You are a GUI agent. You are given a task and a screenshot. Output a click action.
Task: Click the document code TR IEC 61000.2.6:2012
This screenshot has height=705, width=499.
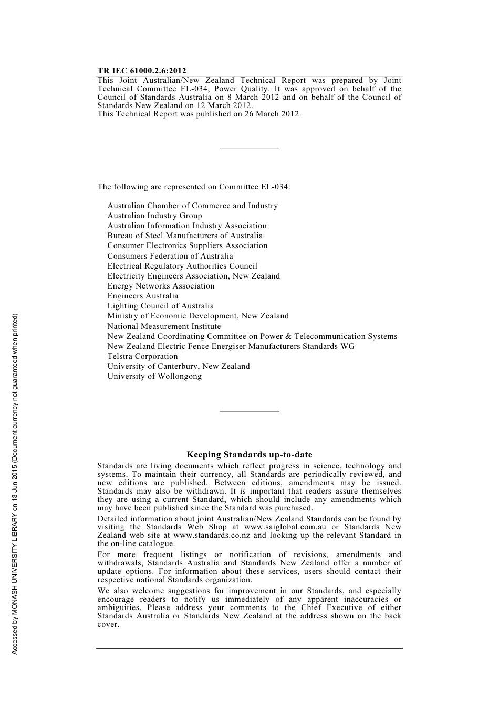[141, 71]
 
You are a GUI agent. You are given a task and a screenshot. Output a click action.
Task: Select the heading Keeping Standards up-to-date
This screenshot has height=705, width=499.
[249, 455]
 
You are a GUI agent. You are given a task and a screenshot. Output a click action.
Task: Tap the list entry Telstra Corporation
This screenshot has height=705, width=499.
[142, 356]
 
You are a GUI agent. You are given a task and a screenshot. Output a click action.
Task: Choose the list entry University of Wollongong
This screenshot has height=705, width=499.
[154, 376]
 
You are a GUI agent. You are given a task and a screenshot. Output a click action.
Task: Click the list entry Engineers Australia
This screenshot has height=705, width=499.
[142, 296]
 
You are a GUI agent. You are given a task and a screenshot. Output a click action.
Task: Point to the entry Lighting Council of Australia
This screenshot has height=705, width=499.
[160, 306]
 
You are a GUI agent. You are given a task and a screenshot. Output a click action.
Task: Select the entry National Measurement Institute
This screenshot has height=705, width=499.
[164, 326]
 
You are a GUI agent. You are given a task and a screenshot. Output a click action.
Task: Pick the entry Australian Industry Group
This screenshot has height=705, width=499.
[154, 216]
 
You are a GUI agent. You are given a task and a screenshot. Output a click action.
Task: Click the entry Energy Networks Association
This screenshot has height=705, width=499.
[161, 286]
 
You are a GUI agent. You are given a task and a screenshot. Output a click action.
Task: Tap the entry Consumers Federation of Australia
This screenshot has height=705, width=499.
[170, 256]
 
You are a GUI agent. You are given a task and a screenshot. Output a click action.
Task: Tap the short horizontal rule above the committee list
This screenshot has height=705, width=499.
[249, 148]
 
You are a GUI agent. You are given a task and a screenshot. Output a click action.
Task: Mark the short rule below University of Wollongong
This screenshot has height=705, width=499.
[249, 411]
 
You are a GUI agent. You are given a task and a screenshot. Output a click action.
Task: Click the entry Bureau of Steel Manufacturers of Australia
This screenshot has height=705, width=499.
[185, 236]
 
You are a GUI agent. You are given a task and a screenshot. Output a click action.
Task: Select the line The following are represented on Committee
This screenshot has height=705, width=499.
[193, 187]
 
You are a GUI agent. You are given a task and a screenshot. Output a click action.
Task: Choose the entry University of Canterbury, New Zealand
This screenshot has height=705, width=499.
[179, 366]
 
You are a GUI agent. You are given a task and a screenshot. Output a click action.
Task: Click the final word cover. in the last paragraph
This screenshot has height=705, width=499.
[108, 624]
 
